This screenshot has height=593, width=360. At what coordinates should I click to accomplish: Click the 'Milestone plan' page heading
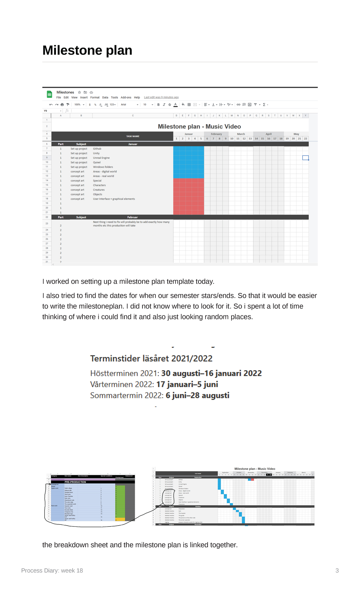point(87,50)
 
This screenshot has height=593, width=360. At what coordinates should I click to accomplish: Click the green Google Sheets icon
point(49,95)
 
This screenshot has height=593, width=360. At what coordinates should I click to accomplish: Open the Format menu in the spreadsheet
point(95,98)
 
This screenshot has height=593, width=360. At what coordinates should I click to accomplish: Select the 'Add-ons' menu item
point(126,98)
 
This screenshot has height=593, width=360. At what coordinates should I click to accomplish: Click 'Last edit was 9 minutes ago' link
point(161,97)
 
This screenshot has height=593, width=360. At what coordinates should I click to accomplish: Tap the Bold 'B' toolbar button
point(158,105)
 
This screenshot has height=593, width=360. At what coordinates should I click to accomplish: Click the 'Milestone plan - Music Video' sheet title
point(199,126)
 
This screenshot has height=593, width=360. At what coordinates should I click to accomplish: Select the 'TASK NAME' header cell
point(133,136)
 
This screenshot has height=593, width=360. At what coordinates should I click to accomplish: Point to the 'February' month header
point(216,134)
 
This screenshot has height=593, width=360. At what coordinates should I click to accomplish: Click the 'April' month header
point(268,134)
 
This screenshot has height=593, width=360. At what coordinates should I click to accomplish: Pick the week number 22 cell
point(306,139)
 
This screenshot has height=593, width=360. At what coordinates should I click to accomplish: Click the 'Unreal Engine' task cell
point(101,158)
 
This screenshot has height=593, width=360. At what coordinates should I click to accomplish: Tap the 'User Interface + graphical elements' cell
point(114,199)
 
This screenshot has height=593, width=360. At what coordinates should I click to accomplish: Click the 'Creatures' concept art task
point(99,190)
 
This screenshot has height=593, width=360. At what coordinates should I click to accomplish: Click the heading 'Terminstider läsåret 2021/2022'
point(151,359)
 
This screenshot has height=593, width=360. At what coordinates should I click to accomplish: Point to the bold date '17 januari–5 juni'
point(187,384)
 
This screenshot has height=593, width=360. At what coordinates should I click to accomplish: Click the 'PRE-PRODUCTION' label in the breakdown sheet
point(75,482)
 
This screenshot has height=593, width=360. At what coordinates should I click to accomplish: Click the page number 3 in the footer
point(337,570)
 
